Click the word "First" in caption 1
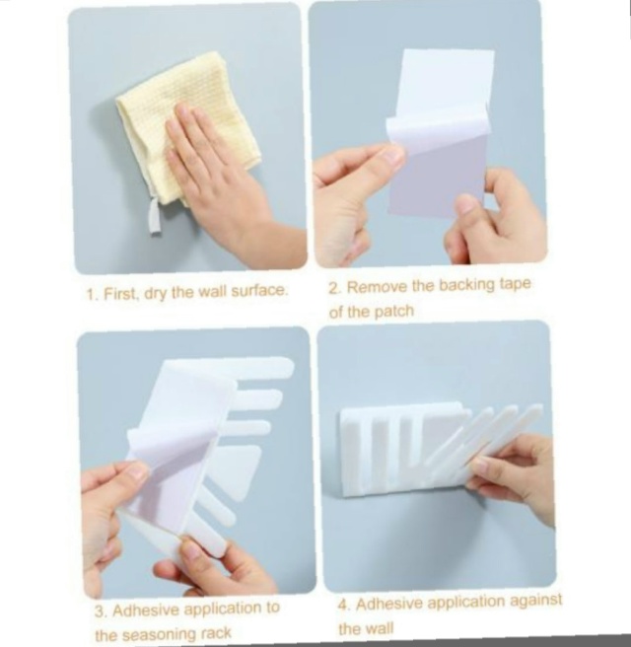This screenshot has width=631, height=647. coord(119,294)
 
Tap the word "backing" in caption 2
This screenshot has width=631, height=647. coord(466,285)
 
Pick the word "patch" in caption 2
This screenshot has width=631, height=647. coord(393,311)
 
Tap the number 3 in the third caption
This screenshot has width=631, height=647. coord(101,611)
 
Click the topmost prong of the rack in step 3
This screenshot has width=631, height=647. coord(264,367)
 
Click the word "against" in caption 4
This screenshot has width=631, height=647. coord(535,601)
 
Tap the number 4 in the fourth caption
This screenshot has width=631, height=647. coord(343,606)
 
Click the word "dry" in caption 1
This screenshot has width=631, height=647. coord(155,294)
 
